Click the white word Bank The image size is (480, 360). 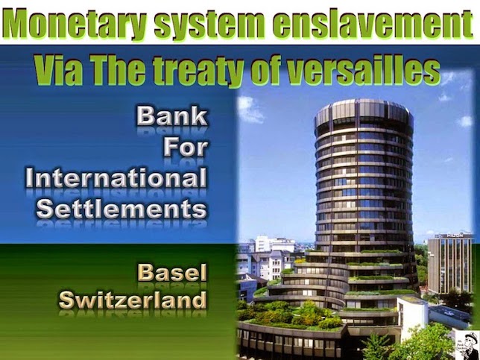[171, 116]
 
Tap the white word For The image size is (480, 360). [186, 148]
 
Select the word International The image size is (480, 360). [116, 178]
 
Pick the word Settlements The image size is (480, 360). [121, 209]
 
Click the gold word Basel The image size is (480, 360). [172, 273]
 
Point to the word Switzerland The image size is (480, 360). [133, 300]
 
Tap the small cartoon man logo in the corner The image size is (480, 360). [467, 344]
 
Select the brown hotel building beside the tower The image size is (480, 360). [451, 264]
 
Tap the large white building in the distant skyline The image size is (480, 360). [274, 244]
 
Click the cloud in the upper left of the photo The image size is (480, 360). [250, 109]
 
